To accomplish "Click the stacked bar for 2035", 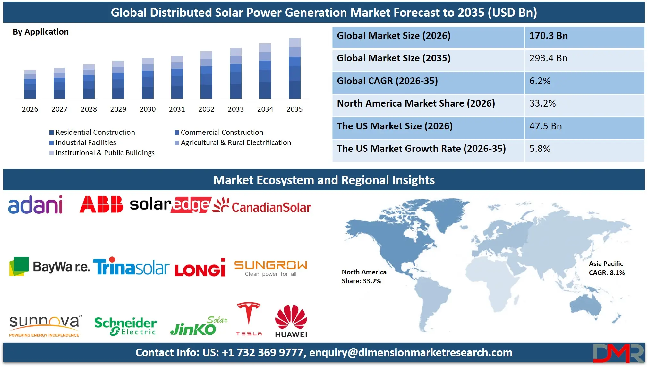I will pos(294,68).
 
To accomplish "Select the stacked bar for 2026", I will pos(30,84).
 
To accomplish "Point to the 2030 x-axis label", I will pos(148,109).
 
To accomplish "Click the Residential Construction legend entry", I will pos(92,132).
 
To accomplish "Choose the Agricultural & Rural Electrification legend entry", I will pos(233,142).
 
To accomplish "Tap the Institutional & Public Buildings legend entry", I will pos(102,153).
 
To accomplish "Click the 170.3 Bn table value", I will pos(549,36).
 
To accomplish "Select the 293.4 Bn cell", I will pos(548,58).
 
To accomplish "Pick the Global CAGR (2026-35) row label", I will pos(387,81).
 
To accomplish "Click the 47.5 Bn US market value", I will pos(545,126).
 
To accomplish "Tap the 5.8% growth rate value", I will pos(540,149).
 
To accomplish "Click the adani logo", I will pos(35,205).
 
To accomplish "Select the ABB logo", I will pos(101,204).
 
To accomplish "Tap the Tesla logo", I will pos(249,319).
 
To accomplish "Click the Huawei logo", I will pos(291,321).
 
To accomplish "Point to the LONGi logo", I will pos(200,268).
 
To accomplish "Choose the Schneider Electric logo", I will pos(125,326).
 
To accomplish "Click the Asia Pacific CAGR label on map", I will pos(606,268).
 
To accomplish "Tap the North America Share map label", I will pos(364,276).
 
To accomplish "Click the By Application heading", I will pos(41,32).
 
